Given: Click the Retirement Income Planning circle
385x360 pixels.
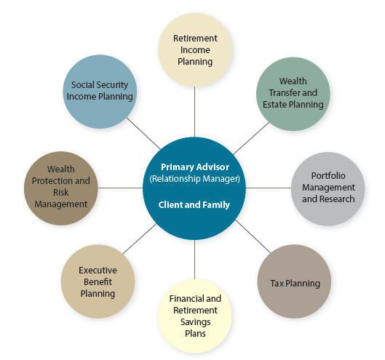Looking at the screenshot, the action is click(195, 49).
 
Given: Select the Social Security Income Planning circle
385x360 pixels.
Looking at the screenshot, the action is click(100, 92).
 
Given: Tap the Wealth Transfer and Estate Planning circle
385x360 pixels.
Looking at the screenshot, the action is click(293, 94).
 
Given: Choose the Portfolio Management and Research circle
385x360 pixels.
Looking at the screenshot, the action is click(328, 188).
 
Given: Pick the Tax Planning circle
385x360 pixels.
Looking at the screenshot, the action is click(294, 281).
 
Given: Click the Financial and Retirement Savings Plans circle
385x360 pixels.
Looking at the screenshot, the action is click(195, 316).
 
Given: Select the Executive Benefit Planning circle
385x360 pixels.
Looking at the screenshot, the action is click(98, 281).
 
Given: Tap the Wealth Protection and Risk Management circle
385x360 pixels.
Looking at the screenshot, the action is click(61, 188).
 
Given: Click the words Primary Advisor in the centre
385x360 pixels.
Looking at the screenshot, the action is click(195, 167).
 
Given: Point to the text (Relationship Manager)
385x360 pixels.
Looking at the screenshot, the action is click(195, 179).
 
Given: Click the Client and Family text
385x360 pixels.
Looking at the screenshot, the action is click(194, 204).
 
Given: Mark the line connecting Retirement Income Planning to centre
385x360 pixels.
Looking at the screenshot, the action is click(195, 112).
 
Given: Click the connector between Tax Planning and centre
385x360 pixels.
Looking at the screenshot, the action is click(253, 236).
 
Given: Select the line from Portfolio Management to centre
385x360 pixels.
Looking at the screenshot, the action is click(269, 188).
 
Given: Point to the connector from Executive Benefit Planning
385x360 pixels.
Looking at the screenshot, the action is click(140, 239).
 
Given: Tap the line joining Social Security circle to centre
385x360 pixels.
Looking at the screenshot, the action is click(144, 133).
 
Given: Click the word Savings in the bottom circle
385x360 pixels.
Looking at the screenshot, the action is click(196, 322).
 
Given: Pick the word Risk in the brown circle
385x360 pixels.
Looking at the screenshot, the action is click(61, 193).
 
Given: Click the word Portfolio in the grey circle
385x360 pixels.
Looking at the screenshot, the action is click(328, 176).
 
